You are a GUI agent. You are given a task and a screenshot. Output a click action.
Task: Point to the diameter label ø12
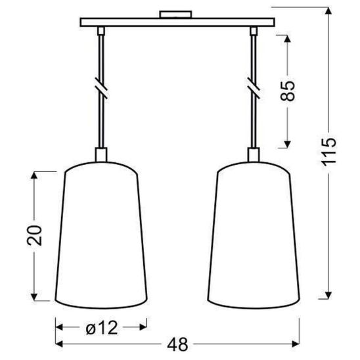[101, 325]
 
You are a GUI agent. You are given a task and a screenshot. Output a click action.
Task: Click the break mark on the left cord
[101, 86]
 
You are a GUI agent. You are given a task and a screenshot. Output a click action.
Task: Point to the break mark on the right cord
[253, 86]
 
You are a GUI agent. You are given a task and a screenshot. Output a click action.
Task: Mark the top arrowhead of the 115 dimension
[328, 9]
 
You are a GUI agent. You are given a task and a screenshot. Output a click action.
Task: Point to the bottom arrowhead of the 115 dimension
[328, 293]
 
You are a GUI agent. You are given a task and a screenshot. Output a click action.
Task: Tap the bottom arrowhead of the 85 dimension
[288, 145]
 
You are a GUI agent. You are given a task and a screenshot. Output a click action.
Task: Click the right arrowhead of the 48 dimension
[298, 344]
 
